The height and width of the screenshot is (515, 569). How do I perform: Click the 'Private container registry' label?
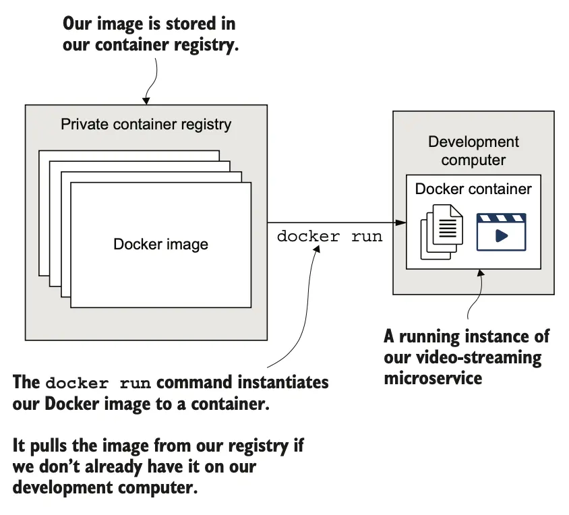pyautogui.click(x=146, y=124)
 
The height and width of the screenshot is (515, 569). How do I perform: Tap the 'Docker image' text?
pyautogui.click(x=160, y=244)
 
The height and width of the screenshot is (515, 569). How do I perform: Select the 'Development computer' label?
pyautogui.click(x=473, y=151)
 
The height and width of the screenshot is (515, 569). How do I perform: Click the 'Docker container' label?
pyautogui.click(x=473, y=189)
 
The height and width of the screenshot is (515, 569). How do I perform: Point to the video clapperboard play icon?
pyautogui.click(x=501, y=233)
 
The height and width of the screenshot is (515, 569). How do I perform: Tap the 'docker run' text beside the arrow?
pyautogui.click(x=330, y=237)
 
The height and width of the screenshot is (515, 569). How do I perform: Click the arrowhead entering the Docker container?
pyautogui.click(x=403, y=222)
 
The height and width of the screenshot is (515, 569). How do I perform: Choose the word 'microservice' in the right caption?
pyautogui.click(x=433, y=377)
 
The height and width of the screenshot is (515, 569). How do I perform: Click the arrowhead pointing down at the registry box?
pyautogui.click(x=146, y=100)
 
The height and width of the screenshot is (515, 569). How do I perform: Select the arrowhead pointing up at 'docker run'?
pyautogui.click(x=316, y=247)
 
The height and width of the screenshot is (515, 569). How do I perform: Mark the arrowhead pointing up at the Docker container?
pyautogui.click(x=479, y=273)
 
